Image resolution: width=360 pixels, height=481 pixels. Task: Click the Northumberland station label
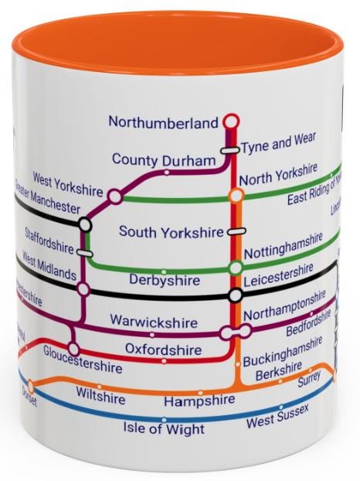[164, 121]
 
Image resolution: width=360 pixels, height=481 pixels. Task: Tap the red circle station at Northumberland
[230, 121]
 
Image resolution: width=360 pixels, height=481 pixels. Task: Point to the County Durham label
[162, 160]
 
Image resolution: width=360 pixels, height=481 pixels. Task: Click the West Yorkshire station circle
[115, 196]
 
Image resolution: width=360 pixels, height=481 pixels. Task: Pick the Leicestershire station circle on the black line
[235, 295]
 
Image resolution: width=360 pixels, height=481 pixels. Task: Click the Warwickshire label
[153, 320]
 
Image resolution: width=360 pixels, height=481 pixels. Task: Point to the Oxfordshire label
[158, 349]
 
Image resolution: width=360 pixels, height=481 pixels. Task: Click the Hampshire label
[199, 401]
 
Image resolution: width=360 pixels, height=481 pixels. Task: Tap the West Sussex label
[275, 421]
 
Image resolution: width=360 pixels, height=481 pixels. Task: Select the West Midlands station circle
[83, 288]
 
